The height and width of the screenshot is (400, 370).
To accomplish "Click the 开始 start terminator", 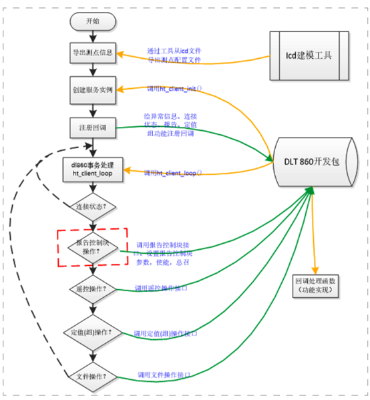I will [x=93, y=21].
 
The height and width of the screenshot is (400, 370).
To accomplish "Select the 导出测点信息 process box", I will [x=93, y=52].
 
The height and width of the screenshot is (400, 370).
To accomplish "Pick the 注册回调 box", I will [x=93, y=127].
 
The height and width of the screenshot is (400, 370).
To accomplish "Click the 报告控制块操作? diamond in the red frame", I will [x=94, y=248].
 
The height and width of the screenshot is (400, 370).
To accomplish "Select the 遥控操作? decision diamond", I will [x=94, y=288].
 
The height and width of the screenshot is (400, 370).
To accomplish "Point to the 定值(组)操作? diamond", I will [x=94, y=331].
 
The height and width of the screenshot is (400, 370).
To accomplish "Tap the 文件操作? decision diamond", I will [x=94, y=376].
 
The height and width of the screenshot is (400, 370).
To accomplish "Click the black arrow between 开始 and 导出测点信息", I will [x=93, y=36].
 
